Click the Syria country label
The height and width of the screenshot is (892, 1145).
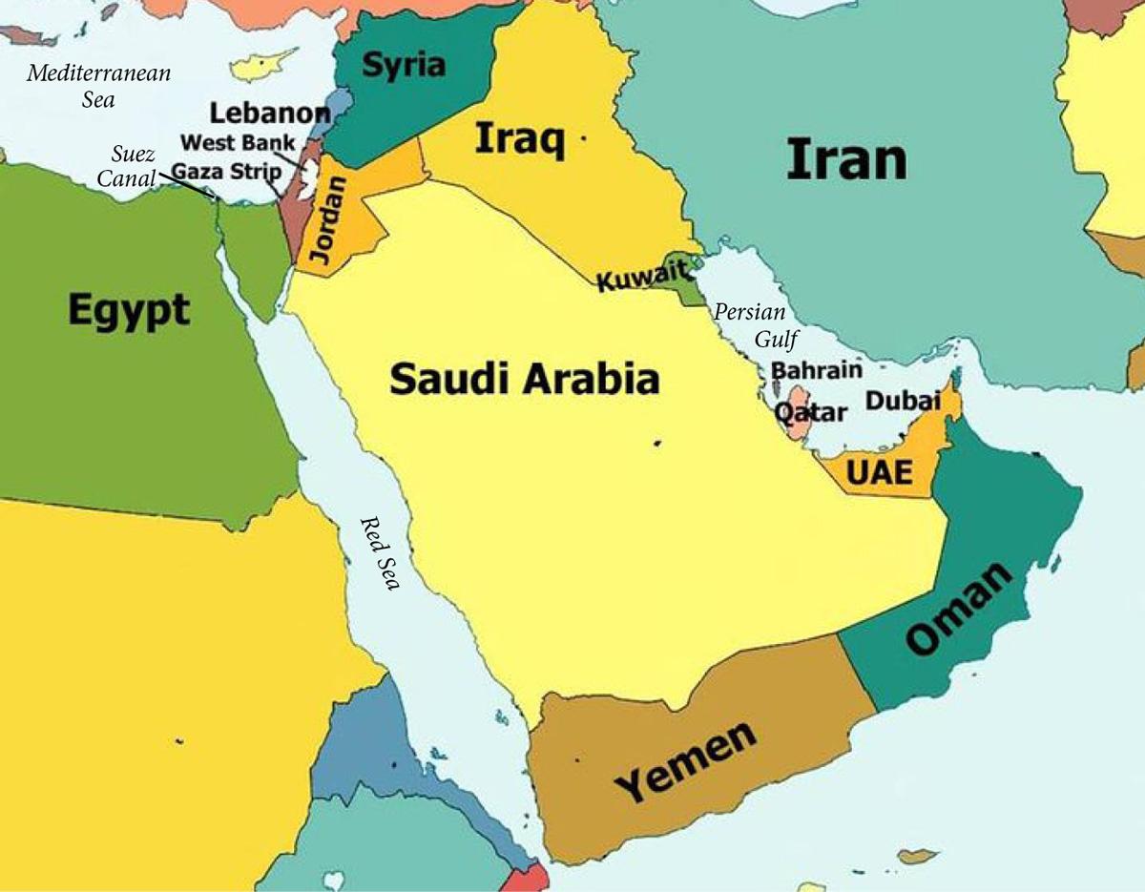pyautogui.click(x=405, y=65)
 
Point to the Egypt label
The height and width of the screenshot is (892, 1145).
pyautogui.click(x=129, y=311)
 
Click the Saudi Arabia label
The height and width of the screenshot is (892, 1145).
pyautogui.click(x=525, y=379)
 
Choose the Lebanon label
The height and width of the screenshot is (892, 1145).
pyautogui.click(x=270, y=113)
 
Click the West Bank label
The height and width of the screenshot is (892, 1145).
pyautogui.click(x=244, y=143)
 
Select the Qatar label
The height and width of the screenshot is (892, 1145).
pyautogui.click(x=810, y=413)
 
